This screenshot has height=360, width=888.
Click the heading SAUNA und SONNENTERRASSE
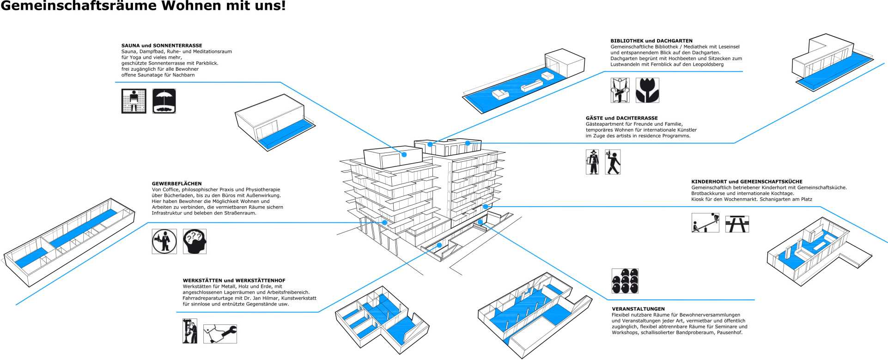click(162, 46)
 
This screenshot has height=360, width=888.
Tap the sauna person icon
click(134, 101)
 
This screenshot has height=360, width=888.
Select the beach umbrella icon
click(164, 101)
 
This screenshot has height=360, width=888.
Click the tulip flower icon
click(647, 90)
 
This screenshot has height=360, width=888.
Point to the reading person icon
click(620, 90)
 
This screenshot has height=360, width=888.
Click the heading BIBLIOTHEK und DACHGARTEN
click(651, 41)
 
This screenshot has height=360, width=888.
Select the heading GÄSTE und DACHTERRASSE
click(621, 118)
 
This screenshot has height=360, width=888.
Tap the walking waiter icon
click(613, 162)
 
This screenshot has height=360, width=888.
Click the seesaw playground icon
click(706, 223)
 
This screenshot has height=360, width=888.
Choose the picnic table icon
click(737, 224)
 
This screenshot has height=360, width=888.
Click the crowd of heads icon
click(625, 281)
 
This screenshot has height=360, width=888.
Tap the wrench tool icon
click(220, 334)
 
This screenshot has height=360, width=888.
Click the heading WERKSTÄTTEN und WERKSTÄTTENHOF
click(234, 281)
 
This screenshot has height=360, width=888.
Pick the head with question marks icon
click(195, 241)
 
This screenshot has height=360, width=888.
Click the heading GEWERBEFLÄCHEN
click(176, 183)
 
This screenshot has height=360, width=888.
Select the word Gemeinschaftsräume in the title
click(74, 6)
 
